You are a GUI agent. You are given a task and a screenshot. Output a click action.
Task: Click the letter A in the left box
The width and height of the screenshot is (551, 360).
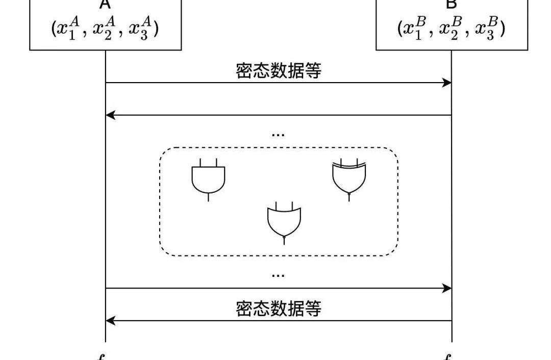point(105,4)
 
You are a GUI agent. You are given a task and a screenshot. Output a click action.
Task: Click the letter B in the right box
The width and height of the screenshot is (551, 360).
point(451,4)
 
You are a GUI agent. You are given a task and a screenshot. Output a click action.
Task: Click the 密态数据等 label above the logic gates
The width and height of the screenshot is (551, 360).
point(279,71)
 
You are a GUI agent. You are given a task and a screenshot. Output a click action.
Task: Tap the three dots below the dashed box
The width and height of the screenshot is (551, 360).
point(278,275)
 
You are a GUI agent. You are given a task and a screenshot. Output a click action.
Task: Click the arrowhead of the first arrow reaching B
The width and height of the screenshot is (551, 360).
point(447,83)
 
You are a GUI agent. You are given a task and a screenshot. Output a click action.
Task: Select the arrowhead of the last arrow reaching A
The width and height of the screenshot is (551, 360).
point(110,321)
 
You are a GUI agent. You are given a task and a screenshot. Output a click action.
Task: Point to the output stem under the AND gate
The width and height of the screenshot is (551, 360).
point(208,197)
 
